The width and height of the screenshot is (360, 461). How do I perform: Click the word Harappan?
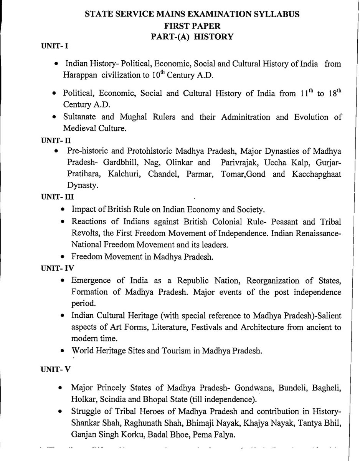point(81,75)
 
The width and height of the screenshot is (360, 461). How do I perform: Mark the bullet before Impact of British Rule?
point(63,210)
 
